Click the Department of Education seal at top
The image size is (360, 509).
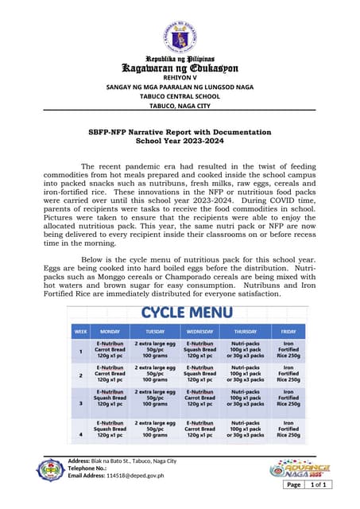180,33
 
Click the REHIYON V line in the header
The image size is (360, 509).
180,77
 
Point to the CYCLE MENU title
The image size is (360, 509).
185,313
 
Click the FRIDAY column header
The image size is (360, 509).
288,331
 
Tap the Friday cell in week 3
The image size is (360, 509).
288,403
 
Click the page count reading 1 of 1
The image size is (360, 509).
319,484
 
